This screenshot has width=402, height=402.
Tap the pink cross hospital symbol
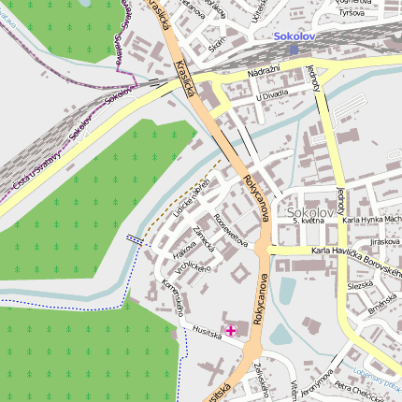[231, 330]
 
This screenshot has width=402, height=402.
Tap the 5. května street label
[308, 222]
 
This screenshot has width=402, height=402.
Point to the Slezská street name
[359, 286]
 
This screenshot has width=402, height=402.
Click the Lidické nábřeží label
[191, 194]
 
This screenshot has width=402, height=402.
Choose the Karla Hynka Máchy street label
[372, 220]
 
